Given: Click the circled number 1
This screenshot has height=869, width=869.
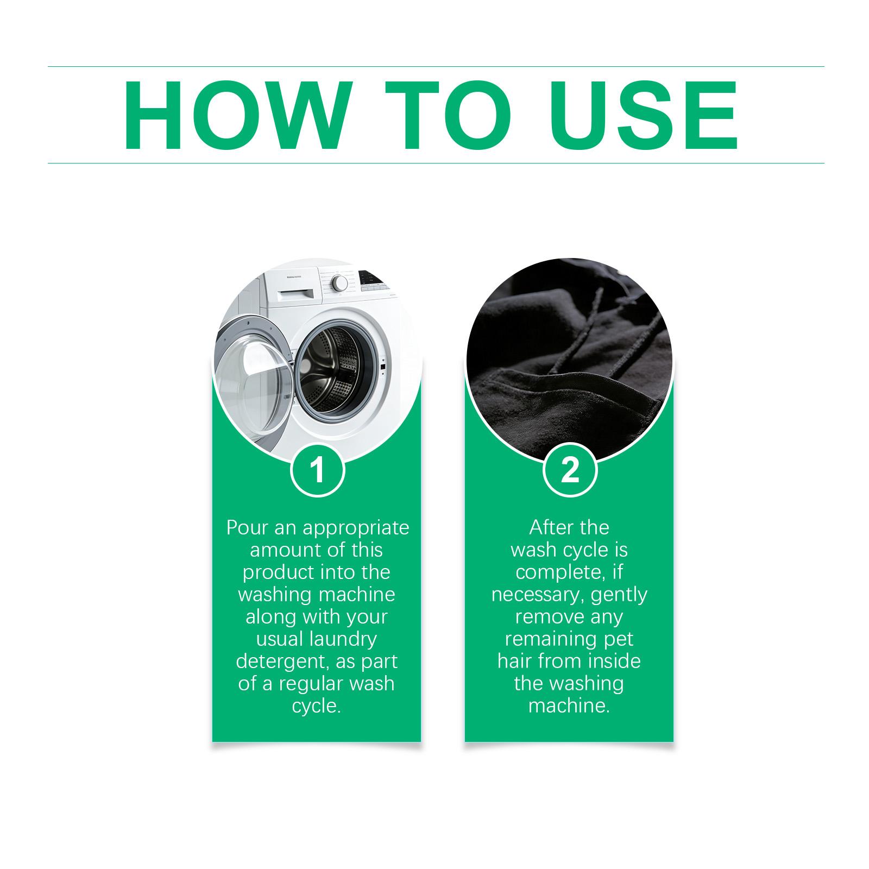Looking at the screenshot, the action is coord(318,470).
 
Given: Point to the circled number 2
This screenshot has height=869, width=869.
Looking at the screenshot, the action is coord(570,470).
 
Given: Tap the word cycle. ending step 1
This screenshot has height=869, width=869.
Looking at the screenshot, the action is coord(317,707).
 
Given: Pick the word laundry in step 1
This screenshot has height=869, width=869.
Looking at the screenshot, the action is coord(347,639).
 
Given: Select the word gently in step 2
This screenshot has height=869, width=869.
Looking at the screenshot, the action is coord(619,595).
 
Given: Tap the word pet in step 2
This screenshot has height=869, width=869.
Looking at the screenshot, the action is coord(620,639).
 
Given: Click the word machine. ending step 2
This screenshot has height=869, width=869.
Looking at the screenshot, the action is coord(569,706).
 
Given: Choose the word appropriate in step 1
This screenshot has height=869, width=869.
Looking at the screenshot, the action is coord(356,528).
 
